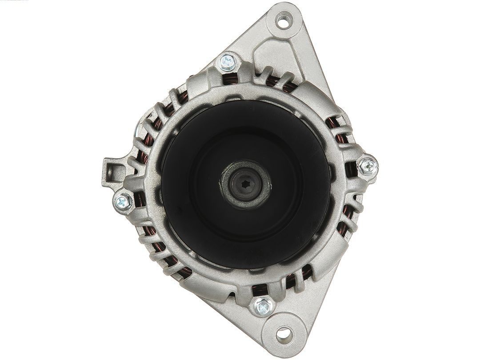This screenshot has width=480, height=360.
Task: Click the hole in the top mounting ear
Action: [x=283, y=19]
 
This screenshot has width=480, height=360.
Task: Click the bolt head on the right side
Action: [x=368, y=166]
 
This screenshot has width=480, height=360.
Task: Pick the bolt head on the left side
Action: [x=123, y=202]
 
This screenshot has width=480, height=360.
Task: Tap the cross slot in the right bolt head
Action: [x=368, y=166]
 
